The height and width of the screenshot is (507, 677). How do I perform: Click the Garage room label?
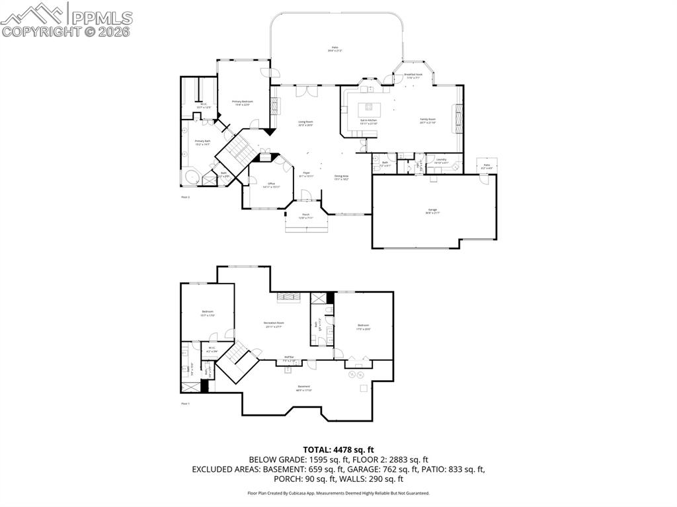coord(432,211)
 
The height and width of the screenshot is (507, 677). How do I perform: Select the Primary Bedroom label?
coord(242,102)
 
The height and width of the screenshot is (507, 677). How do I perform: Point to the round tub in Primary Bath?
coord(190,177)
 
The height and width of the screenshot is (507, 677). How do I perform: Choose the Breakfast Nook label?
coord(413,76)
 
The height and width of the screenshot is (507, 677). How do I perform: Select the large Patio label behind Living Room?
coord(335,48)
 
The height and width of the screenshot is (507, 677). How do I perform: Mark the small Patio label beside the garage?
coord(487,166)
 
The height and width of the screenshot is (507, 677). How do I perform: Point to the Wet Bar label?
coord(290,360)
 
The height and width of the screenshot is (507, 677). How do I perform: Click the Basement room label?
coord(303,388)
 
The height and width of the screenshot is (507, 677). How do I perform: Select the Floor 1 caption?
coord(185,403)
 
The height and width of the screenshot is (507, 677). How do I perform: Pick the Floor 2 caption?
coord(185,197)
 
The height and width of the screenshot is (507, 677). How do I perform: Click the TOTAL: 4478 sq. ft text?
coord(338,451)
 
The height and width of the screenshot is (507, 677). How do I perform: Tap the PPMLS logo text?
coord(100,17)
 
